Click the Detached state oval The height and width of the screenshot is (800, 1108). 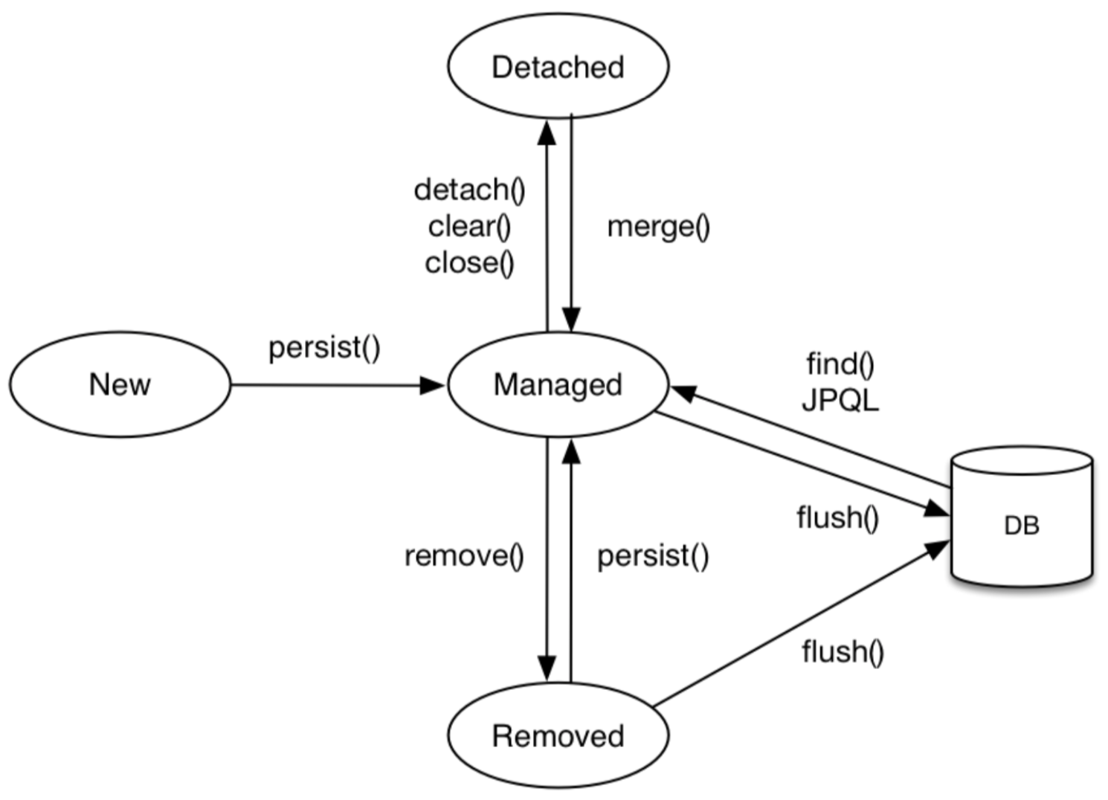tap(558, 66)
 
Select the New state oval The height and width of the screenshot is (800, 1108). tap(120, 384)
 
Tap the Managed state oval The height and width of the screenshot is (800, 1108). tap(558, 384)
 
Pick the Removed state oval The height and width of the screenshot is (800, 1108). tap(558, 735)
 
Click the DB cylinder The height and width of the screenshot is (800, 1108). tap(1022, 520)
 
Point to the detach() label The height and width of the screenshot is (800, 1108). tap(469, 190)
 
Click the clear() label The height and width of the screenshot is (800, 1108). tap(469, 227)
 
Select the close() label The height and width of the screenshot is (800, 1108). tap(469, 262)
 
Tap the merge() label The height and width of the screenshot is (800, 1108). tap(658, 227)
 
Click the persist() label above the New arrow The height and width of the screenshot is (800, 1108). tap(324, 347)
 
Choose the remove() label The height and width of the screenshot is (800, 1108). tap(464, 555)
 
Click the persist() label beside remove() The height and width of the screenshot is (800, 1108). tap(653, 555)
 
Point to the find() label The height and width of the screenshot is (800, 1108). tap(840, 364)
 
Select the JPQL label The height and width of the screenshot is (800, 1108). tap(840, 401)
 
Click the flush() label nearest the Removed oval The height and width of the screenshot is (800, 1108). tap(843, 651)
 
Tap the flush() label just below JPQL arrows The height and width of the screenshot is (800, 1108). tap(837, 517)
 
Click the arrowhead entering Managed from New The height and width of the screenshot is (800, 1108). tap(433, 385)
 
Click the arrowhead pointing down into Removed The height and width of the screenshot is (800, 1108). tap(547, 667)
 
